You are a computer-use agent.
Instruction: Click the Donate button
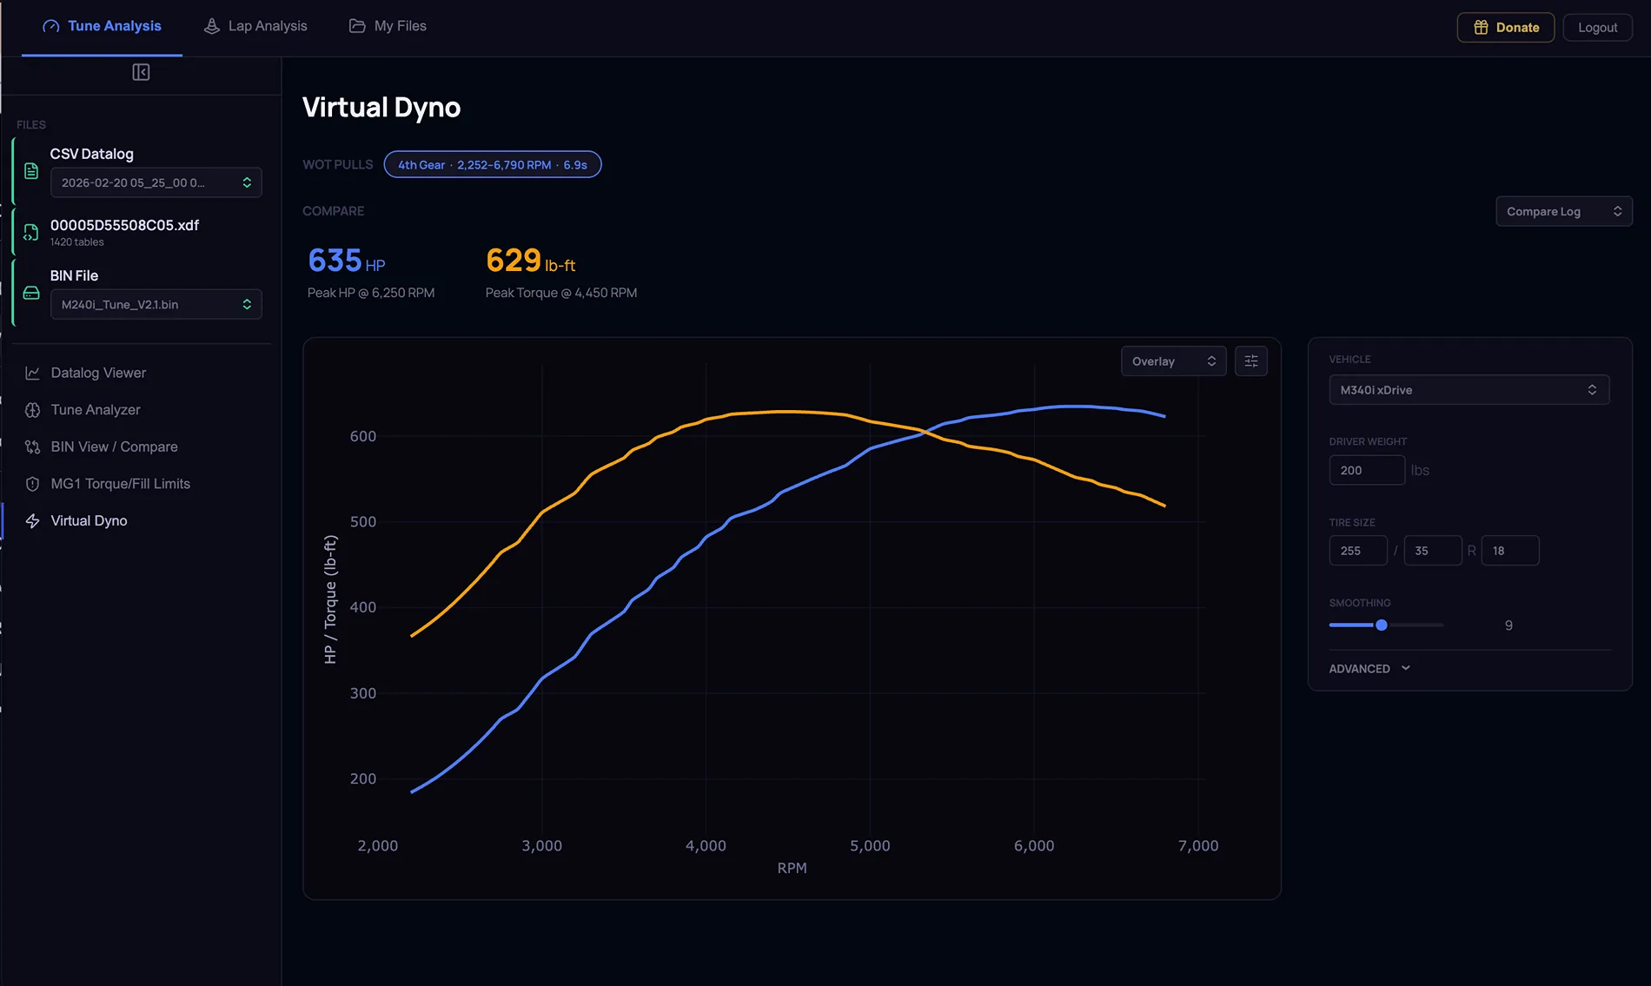(1505, 27)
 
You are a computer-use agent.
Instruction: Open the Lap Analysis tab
(255, 26)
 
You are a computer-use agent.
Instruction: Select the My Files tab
(388, 26)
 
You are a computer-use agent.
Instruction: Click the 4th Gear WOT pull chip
(493, 164)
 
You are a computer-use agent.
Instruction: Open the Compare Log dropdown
(1563, 211)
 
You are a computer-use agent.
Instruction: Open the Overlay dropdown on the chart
(1173, 361)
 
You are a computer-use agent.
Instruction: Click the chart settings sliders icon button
(1250, 361)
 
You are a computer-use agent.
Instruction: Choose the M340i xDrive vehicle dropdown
(1469, 390)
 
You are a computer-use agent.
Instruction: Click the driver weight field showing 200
(1366, 470)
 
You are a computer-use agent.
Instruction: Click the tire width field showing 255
(1357, 551)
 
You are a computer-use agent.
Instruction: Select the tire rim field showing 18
(1509, 551)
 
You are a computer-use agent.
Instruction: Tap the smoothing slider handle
(1381, 625)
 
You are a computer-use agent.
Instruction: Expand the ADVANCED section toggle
(1369, 669)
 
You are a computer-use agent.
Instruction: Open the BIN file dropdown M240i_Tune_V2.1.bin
(156, 304)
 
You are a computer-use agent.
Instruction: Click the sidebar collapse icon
(141, 72)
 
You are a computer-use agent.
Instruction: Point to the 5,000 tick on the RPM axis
(870, 845)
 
